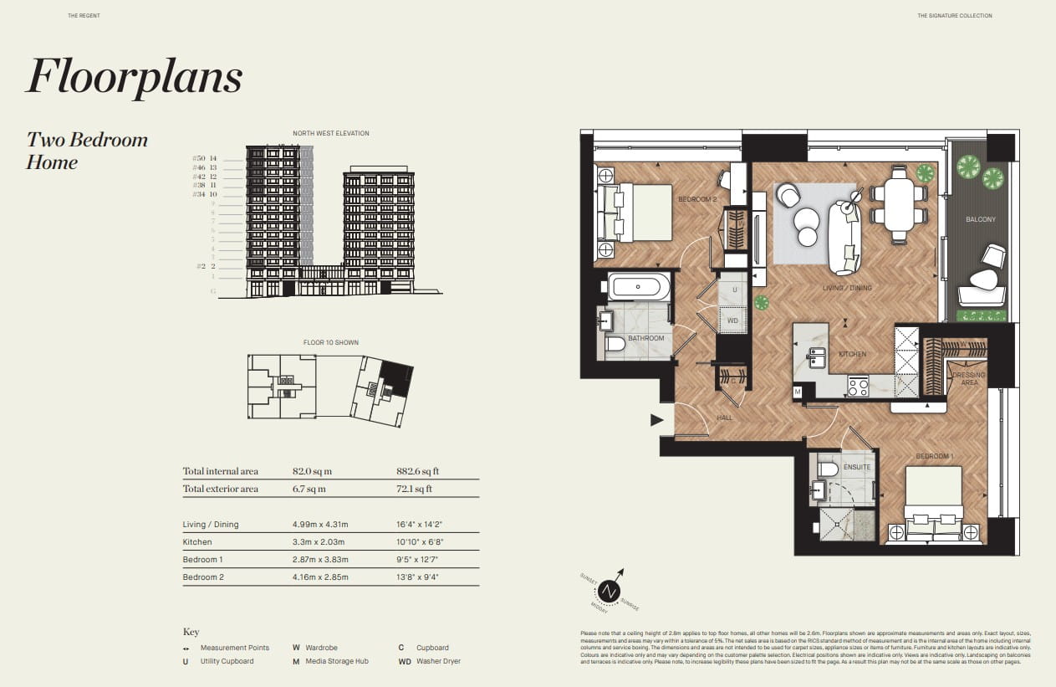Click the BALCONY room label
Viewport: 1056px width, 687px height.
[981, 219]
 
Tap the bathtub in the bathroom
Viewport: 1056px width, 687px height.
[639, 287]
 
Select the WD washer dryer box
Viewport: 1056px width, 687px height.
[732, 320]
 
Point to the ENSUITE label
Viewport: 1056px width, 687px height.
[857, 467]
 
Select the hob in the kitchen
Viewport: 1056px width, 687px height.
[859, 387]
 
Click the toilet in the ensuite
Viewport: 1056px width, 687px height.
[826, 469]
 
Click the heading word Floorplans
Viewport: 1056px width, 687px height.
[134, 77]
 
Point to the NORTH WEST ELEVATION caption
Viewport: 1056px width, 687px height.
[330, 133]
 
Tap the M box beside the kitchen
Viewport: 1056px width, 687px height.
[798, 392]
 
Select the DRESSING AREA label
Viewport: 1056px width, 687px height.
[969, 378]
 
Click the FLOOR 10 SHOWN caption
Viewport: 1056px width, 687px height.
[330, 342]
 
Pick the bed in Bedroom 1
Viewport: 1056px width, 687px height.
[934, 502]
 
